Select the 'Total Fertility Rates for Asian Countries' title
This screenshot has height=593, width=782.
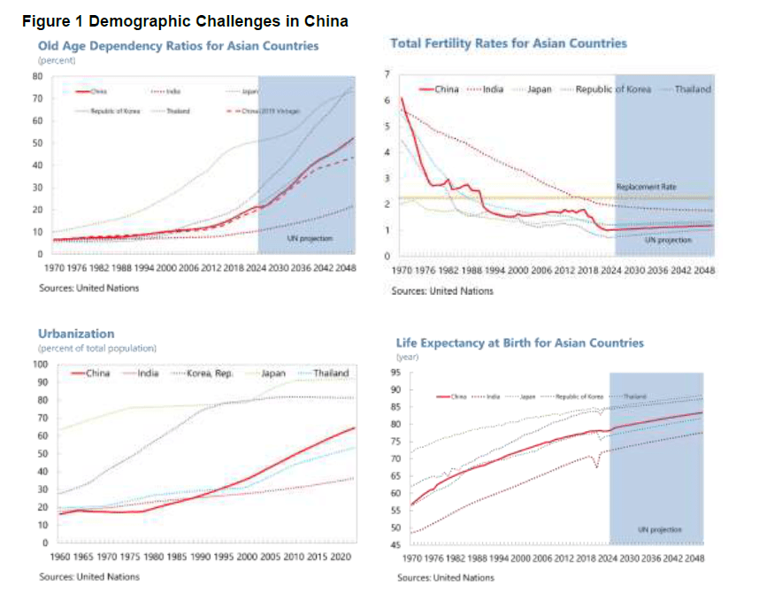click(509, 43)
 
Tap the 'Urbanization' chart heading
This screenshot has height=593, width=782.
click(76, 334)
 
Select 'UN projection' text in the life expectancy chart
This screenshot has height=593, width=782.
click(659, 530)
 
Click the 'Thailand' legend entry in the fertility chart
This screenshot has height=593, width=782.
click(693, 89)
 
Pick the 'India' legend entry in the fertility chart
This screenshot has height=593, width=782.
click(493, 89)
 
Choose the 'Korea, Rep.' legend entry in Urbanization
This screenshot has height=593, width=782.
click(210, 374)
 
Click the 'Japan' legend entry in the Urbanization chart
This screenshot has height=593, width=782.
click(272, 374)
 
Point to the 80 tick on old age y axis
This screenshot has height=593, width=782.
click(38, 75)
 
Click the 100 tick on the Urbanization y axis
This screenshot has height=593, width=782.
click(40, 364)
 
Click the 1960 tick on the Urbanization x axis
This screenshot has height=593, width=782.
click(60, 558)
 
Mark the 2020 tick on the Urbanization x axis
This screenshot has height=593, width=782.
click(340, 558)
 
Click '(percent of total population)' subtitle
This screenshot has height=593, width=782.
click(96, 349)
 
